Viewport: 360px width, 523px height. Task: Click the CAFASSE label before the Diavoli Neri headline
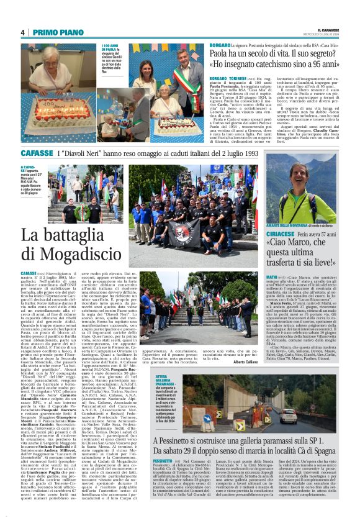35,152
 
